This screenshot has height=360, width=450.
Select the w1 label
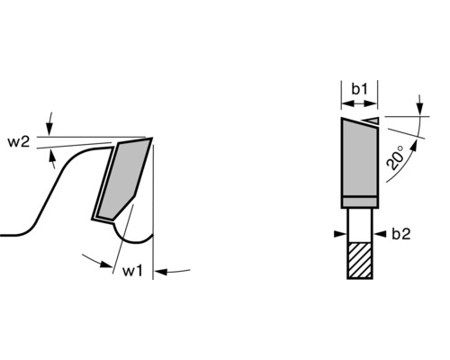[132, 269]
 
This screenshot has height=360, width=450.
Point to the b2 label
[401, 234]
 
